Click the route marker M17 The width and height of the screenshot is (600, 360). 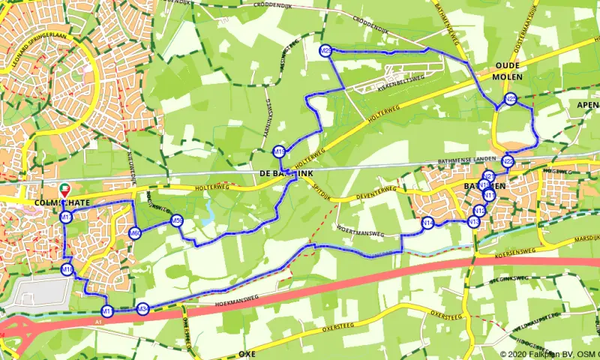[66, 217]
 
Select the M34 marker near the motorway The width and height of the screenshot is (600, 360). [142, 308]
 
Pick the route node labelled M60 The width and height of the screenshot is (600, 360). [135, 233]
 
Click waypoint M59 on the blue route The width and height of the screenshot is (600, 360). [177, 220]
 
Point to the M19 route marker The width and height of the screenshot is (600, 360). [279, 151]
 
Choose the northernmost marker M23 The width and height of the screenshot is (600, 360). [325, 50]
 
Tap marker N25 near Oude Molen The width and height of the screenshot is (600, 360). [510, 99]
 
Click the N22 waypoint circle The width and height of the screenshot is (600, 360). [508, 161]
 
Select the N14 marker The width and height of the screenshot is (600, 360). [427, 223]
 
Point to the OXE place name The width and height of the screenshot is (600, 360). [247, 353]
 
